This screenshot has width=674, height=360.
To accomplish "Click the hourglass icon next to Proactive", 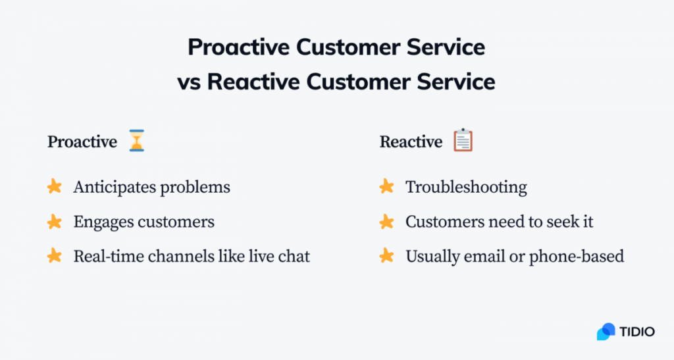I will pyautogui.click(x=136, y=141).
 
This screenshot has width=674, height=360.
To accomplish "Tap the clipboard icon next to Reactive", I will pyautogui.click(x=463, y=140).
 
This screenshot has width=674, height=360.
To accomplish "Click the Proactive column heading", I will pyautogui.click(x=82, y=141).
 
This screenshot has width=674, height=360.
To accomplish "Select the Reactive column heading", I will pyautogui.click(x=411, y=141).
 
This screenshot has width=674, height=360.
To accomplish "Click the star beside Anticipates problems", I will pyautogui.click(x=55, y=187).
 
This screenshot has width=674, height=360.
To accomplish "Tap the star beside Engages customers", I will pyautogui.click(x=55, y=222).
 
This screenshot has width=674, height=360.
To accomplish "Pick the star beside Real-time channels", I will pyautogui.click(x=55, y=256).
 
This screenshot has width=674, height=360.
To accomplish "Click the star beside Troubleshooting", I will pyautogui.click(x=387, y=187).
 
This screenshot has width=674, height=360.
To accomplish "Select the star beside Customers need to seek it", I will pyautogui.click(x=387, y=222).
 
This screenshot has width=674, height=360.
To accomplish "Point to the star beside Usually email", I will pyautogui.click(x=387, y=256).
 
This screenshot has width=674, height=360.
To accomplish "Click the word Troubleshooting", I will pyautogui.click(x=466, y=187).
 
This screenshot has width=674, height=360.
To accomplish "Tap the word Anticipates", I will pyautogui.click(x=109, y=187).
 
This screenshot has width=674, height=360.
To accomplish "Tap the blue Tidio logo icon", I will pyautogui.click(x=606, y=332).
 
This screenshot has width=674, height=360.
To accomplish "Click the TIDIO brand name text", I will pyautogui.click(x=637, y=332).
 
